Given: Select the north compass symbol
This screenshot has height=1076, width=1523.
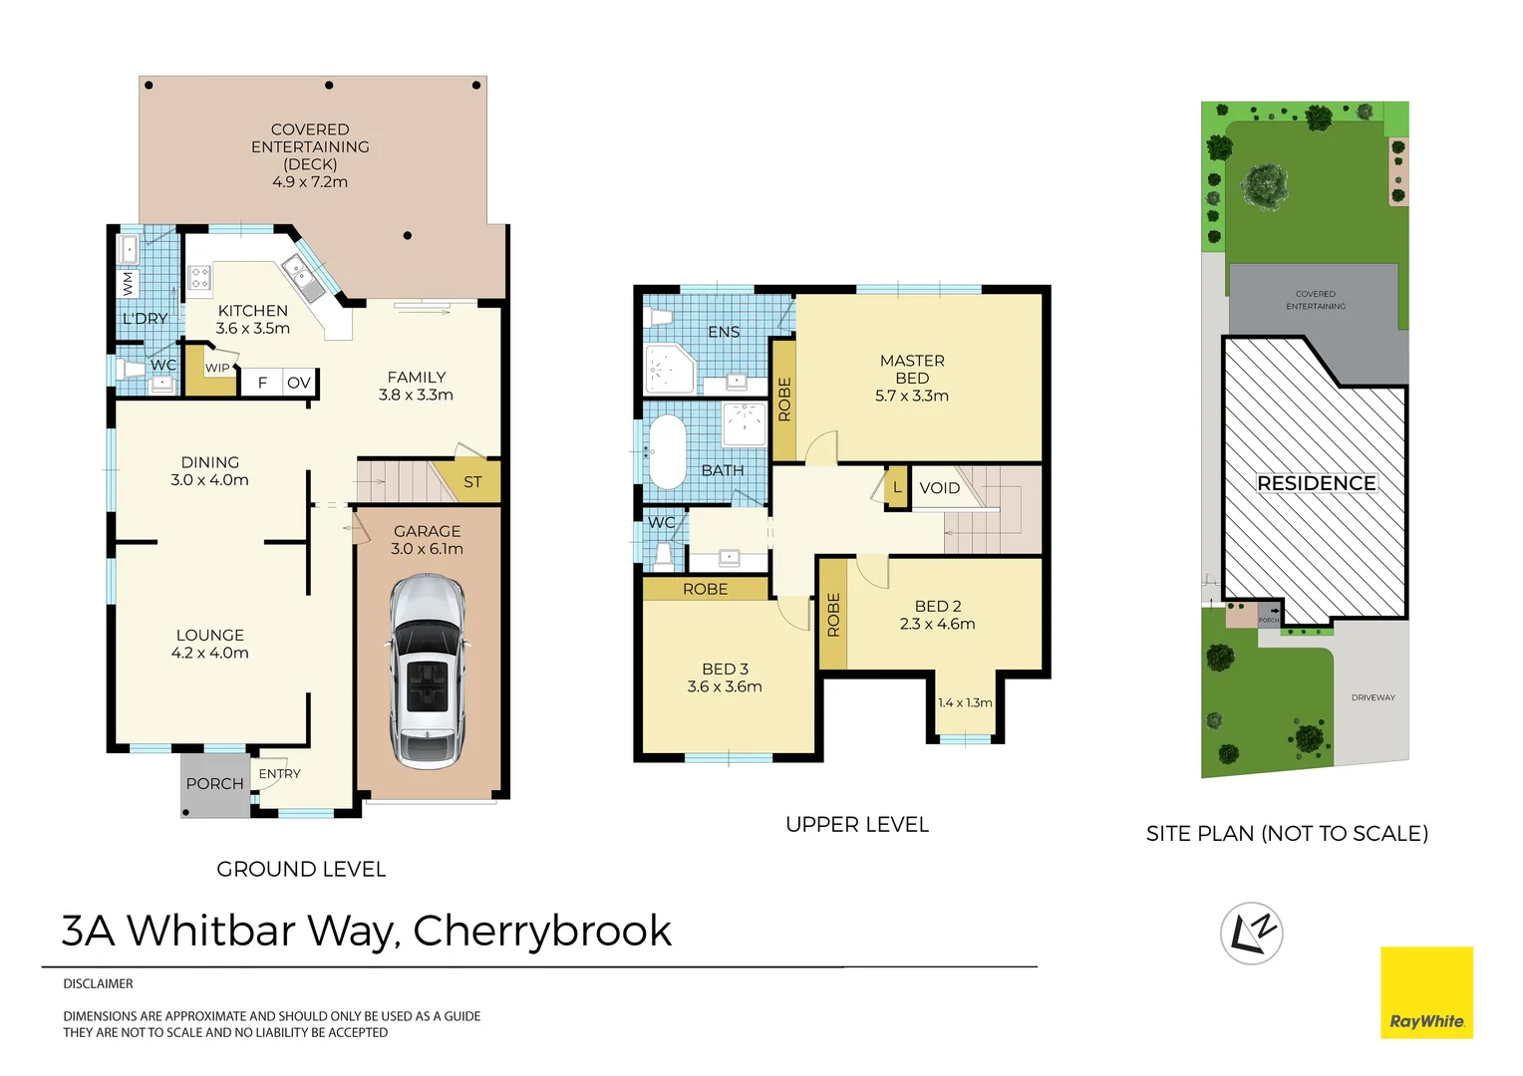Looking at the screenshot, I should pos(1251,934).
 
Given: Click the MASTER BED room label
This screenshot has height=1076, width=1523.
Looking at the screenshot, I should pos(912,370).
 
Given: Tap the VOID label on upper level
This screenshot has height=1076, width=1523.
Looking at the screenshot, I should pos(939,488).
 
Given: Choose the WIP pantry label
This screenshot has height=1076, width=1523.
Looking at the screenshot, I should pos(217,369).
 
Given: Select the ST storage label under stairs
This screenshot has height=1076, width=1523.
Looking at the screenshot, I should pos(472,482).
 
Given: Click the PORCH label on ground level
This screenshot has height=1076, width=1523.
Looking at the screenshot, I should pos(214,784).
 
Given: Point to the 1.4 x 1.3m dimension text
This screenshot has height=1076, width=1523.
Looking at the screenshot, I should pos(965,702).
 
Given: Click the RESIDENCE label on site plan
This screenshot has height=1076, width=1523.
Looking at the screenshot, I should pos(1316,483).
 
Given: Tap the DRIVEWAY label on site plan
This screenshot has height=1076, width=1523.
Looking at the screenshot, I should pos(1372,697).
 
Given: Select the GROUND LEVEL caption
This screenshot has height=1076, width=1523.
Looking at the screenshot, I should pos(301,869).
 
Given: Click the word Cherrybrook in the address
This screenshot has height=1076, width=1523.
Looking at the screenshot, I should pos(542,931).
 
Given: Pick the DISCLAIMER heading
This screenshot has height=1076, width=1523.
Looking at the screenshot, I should pos(98,983).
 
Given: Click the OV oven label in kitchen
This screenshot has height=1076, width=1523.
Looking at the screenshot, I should pos(298,383).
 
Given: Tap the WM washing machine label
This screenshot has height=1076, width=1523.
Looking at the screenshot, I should pos(128,284).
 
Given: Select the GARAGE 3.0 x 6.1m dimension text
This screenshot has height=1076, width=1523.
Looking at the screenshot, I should pos(427,549).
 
